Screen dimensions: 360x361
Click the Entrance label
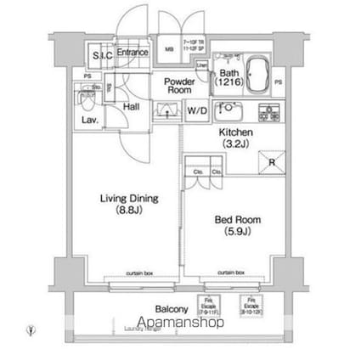133,53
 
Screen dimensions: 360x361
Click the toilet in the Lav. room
86,99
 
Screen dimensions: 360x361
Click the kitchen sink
228,109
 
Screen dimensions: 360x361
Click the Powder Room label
177,83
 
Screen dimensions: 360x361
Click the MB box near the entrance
167,49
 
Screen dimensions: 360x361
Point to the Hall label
131,107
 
